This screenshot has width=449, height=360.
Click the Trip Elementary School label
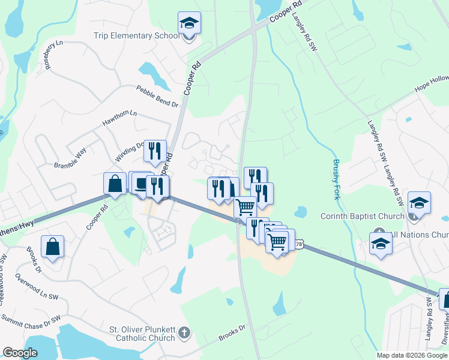(x=136, y=35)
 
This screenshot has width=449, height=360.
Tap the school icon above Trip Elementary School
(x=189, y=23)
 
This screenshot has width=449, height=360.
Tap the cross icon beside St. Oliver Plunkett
(x=184, y=332)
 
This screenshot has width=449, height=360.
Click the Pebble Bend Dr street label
(x=157, y=96)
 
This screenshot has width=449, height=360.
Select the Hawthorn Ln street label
(x=119, y=118)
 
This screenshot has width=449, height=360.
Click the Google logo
(x=20, y=353)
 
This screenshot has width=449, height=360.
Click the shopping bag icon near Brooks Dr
(x=53, y=246)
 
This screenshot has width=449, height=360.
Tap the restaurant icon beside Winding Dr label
(x=155, y=151)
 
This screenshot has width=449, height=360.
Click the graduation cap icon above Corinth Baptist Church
(x=419, y=202)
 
